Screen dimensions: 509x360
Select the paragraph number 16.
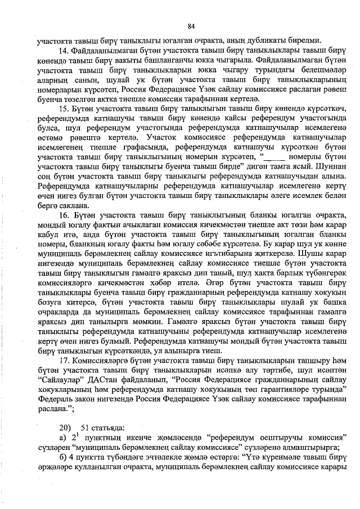[x=62, y=215]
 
